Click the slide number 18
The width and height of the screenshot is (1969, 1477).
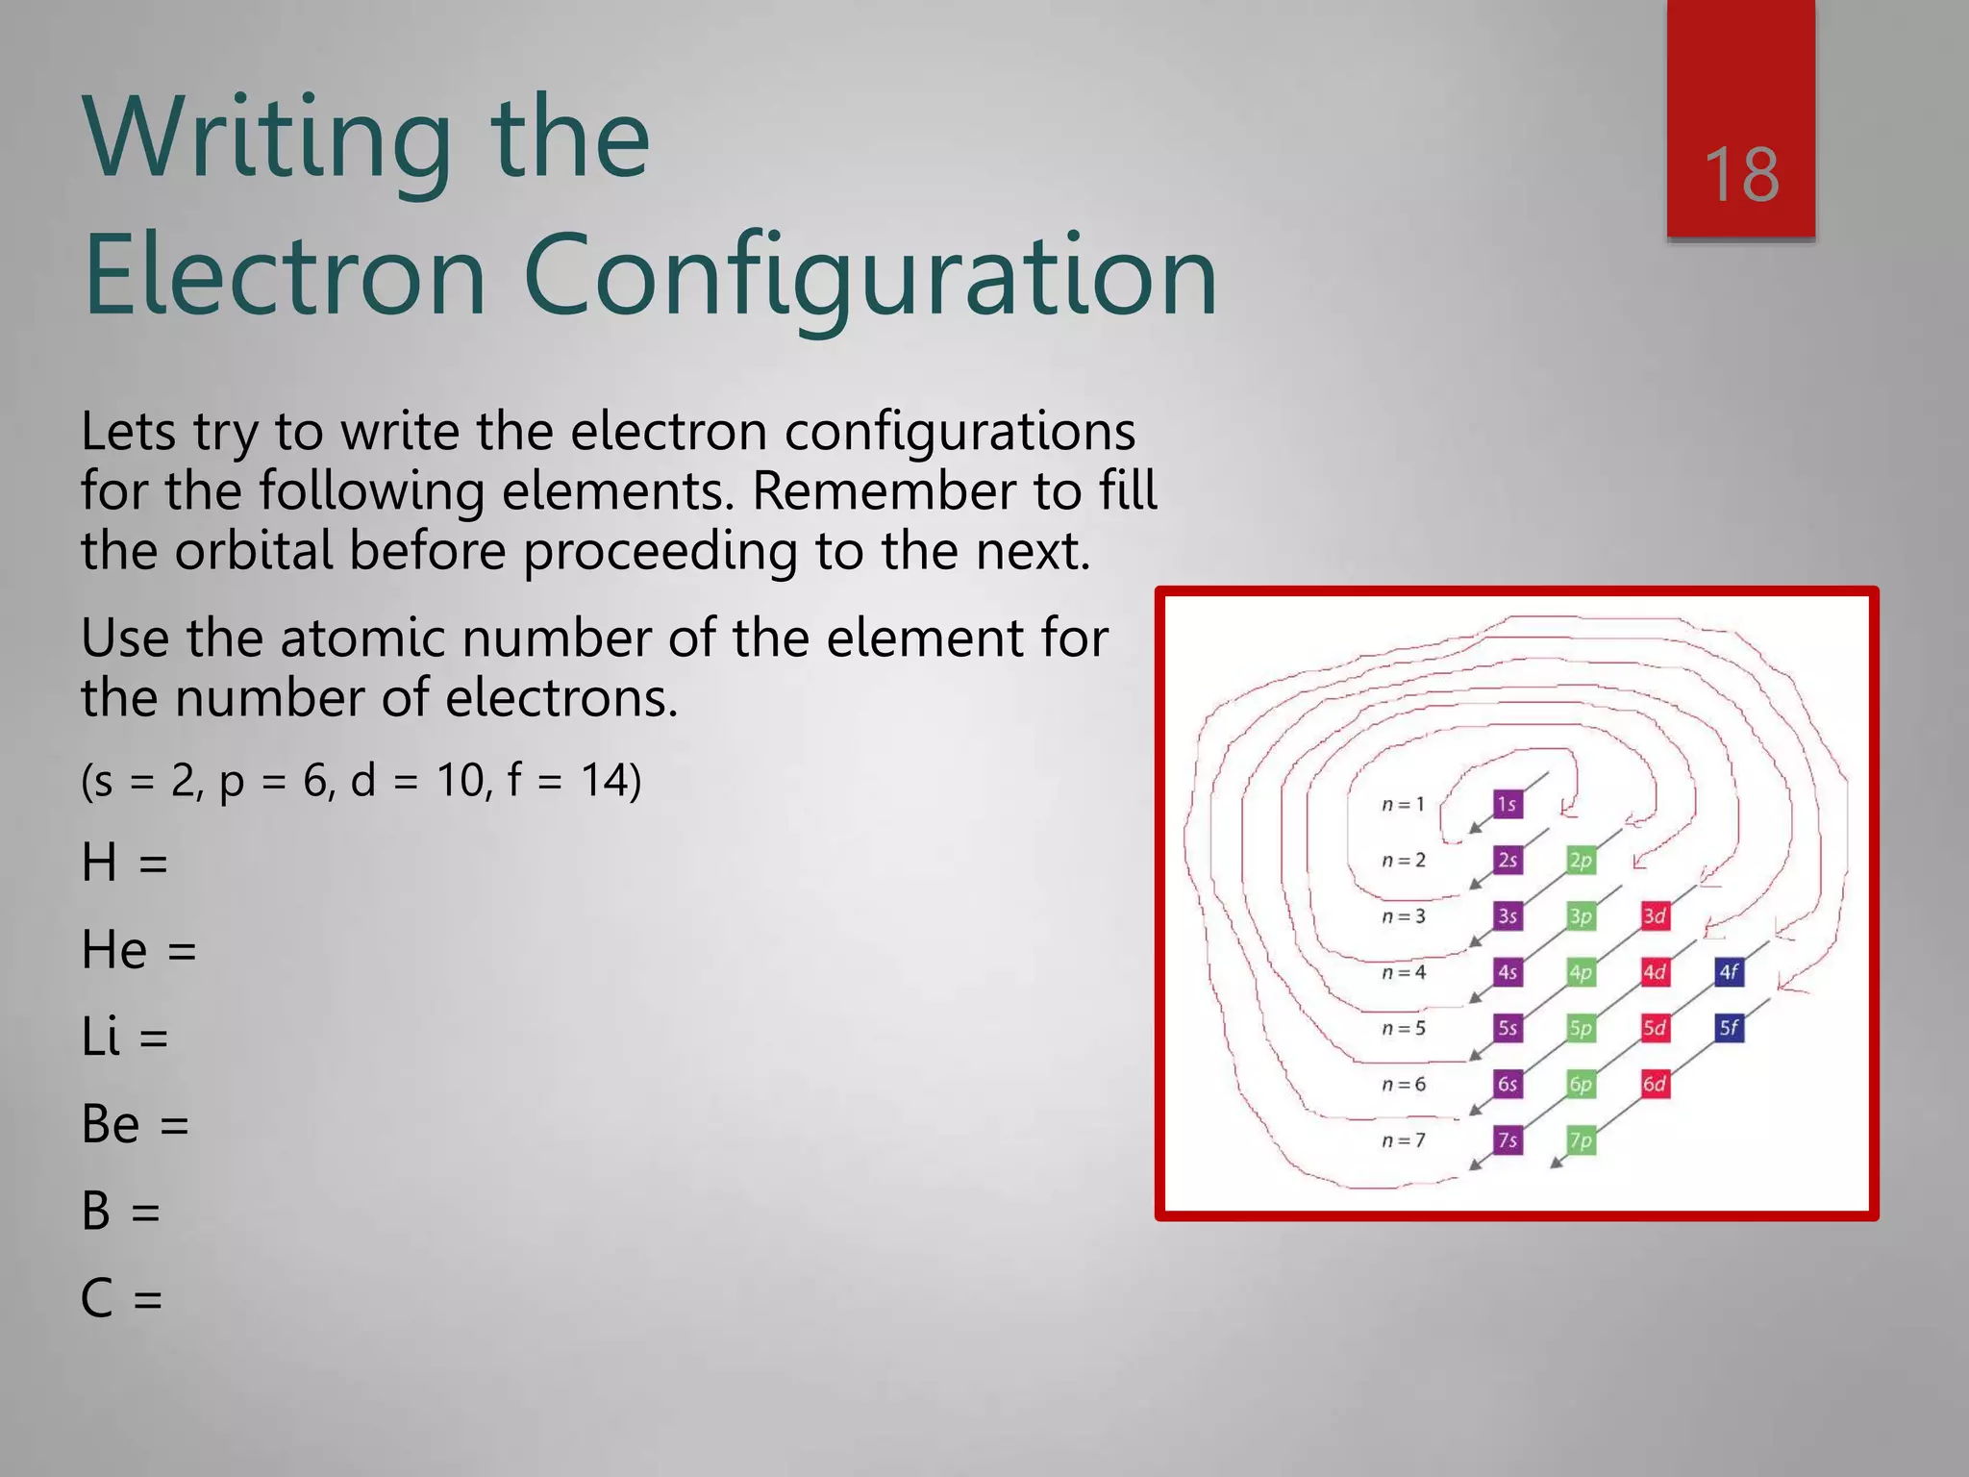tap(1741, 175)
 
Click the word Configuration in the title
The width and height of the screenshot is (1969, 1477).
tap(870, 277)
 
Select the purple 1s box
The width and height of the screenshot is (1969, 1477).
tap(1508, 804)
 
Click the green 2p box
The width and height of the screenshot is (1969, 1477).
tap(1581, 860)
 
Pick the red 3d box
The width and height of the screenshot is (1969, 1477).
tap(1655, 915)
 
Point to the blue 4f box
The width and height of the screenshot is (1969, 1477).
tap(1729, 972)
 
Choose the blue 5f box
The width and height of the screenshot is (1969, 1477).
tap(1729, 1028)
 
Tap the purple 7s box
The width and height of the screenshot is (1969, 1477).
tap(1508, 1140)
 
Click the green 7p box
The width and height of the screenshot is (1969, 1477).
tap(1581, 1140)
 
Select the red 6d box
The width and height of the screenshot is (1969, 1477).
tap(1655, 1084)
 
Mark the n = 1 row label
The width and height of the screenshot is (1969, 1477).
tap(1403, 804)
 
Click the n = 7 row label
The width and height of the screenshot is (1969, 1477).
tap(1403, 1140)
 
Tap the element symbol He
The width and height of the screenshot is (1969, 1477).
tap(113, 950)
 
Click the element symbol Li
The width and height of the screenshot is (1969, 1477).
tap(101, 1037)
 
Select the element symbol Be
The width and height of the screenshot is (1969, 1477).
tap(111, 1123)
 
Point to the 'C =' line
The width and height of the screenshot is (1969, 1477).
tap(121, 1298)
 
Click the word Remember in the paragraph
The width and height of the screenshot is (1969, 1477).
tap(884, 491)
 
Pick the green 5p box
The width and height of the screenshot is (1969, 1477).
tap(1581, 1028)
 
